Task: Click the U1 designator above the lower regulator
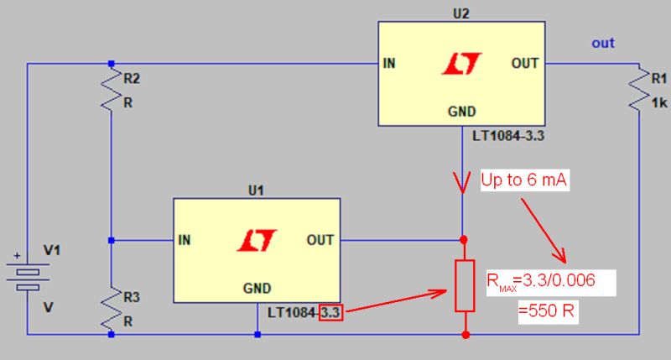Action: [257, 190]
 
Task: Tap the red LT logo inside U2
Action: [461, 65]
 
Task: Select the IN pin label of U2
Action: [392, 64]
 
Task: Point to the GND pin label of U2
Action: [461, 111]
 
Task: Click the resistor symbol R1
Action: [640, 90]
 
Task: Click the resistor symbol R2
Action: [111, 90]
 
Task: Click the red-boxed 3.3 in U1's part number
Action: [331, 314]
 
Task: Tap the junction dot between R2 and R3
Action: [111, 241]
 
